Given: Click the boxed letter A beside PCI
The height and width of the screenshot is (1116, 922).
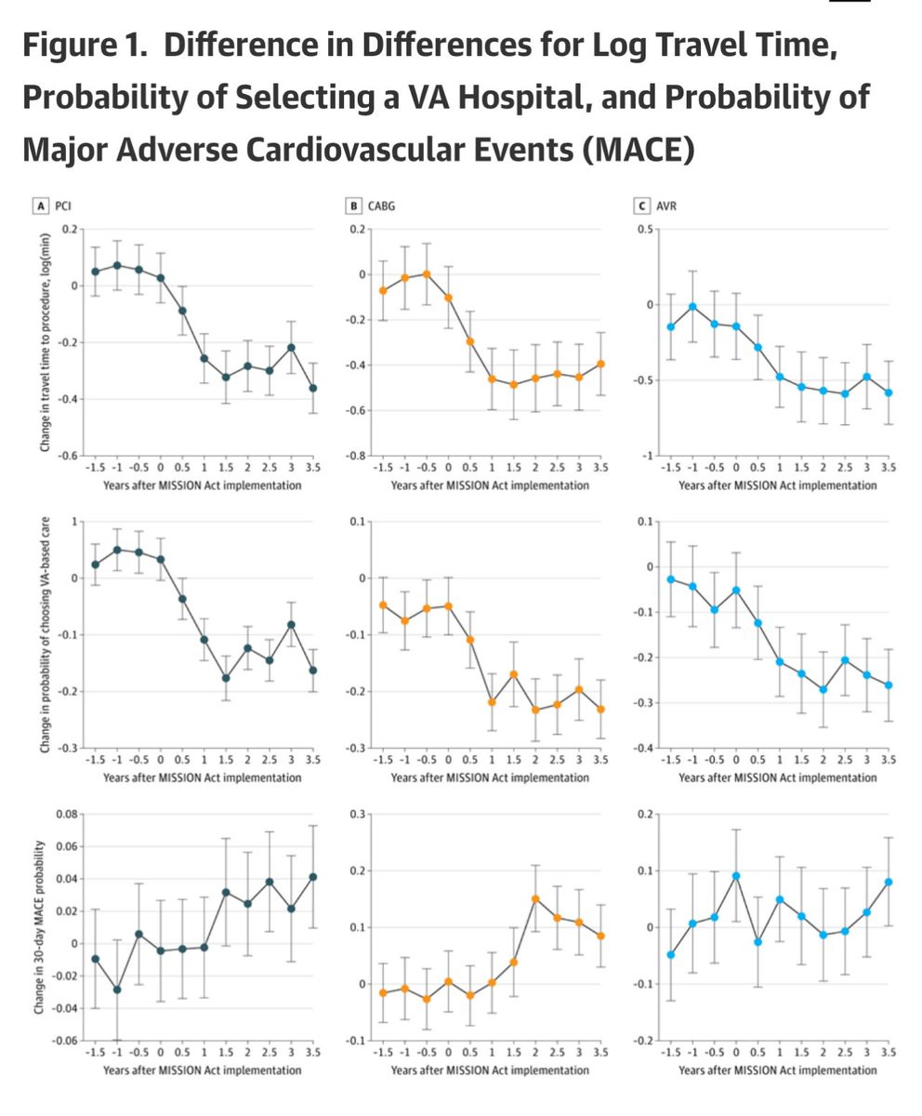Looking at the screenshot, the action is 41,206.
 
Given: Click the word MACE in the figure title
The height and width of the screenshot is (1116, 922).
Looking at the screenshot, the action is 638,149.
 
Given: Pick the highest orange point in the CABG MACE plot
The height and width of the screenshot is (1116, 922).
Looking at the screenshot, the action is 535,899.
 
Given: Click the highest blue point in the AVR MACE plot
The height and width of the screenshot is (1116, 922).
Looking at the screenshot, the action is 736,876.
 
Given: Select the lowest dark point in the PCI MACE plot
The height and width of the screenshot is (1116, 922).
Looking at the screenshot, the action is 117,990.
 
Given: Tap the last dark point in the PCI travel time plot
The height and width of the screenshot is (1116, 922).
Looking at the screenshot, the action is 313,388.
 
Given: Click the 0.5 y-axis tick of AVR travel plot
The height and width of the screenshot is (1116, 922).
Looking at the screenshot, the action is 645,230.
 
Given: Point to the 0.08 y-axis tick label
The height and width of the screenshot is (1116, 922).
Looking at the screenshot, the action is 67,815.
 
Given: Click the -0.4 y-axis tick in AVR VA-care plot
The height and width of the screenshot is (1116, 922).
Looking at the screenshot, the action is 643,748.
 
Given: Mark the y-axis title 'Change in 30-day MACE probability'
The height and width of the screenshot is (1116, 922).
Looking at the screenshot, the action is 38,928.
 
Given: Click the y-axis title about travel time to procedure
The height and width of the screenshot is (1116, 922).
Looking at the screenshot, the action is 45,342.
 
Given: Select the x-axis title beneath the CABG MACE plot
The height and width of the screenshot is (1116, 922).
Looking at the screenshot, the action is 490,1070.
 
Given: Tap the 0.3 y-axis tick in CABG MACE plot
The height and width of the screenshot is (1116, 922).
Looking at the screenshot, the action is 358,815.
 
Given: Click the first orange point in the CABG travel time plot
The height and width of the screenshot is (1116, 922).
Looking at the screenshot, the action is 383,291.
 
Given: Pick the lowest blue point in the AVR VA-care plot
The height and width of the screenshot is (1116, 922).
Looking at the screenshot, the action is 823,689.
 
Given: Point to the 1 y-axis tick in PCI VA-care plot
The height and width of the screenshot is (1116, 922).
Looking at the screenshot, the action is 74,521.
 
